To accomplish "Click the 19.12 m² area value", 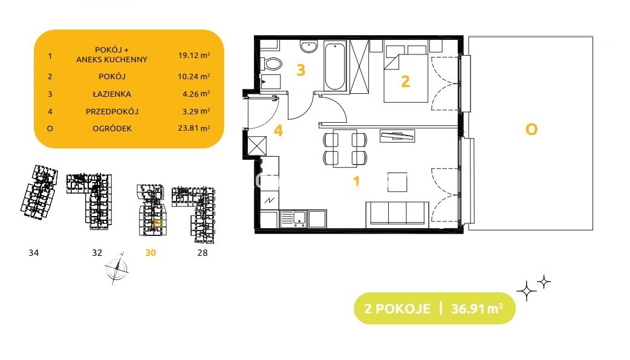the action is (x=194, y=55).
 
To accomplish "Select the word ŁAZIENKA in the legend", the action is (x=112, y=94).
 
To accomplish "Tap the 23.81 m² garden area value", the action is (x=194, y=128).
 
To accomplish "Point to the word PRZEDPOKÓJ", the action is (x=112, y=111).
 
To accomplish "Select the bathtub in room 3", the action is (x=335, y=67).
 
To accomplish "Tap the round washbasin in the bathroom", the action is (x=309, y=46).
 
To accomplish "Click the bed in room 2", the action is (x=406, y=74).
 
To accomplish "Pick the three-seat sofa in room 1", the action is (x=397, y=213).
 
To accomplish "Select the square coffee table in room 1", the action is (x=397, y=182).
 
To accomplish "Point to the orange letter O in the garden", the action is (x=531, y=129).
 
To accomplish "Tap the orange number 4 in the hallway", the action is (x=278, y=131).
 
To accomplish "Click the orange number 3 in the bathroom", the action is (x=301, y=70).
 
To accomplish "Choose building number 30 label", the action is (x=151, y=252).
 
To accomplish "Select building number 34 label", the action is (x=34, y=252).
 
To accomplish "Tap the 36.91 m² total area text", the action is (x=477, y=309).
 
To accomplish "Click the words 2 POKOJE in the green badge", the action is (x=397, y=309).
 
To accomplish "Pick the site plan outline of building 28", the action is (x=194, y=214).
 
